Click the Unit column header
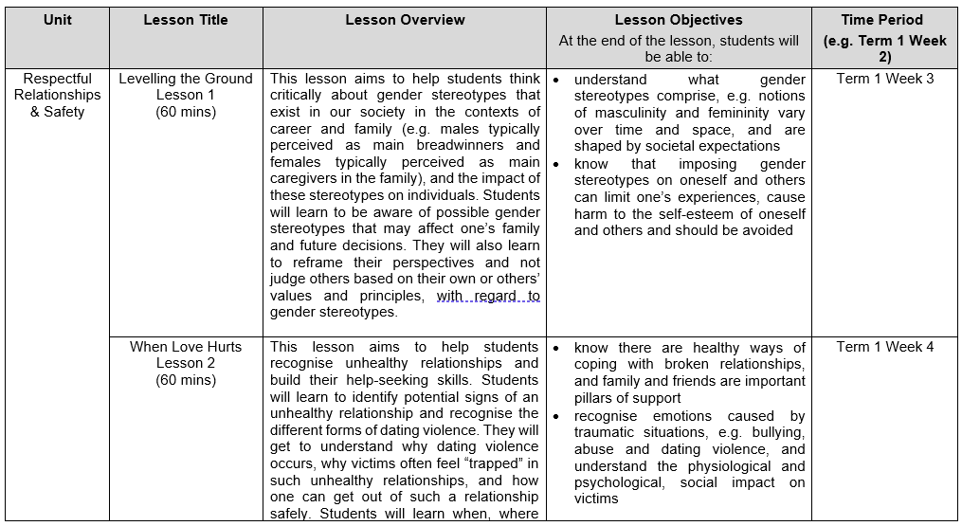pyautogui.click(x=57, y=20)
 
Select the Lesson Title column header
pyautogui.click(x=185, y=20)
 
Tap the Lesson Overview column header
pyautogui.click(x=405, y=20)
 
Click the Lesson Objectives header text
pyautogui.click(x=679, y=20)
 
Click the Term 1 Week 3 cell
pyautogui.click(x=884, y=80)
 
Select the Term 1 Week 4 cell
pyautogui.click(x=884, y=347)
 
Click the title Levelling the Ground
pyautogui.click(x=186, y=80)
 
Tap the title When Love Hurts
pyautogui.click(x=186, y=347)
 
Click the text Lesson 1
pyautogui.click(x=186, y=96)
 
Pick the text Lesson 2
pyautogui.click(x=186, y=364)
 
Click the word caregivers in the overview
pyautogui.click(x=306, y=179)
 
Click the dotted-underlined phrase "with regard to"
pyautogui.click(x=487, y=296)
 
